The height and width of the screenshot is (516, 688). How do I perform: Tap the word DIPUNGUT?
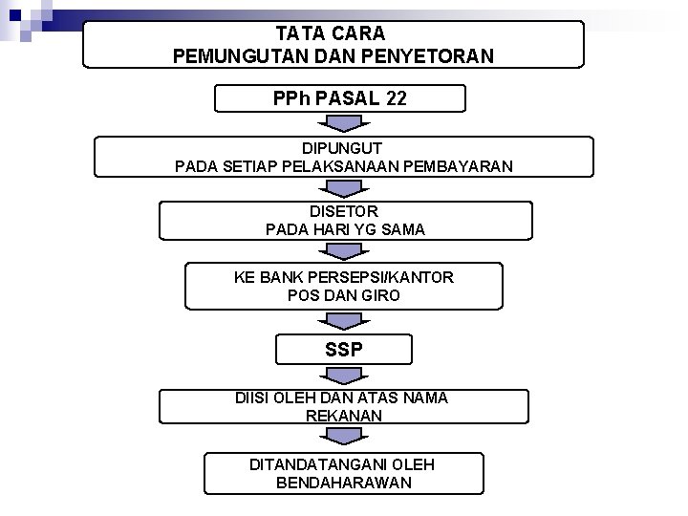(x=343, y=150)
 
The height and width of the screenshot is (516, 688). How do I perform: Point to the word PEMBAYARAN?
(x=462, y=166)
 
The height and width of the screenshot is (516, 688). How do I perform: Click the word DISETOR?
(x=344, y=212)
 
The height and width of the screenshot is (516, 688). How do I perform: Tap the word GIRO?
(x=379, y=295)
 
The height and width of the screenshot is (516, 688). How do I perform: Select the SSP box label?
(x=343, y=350)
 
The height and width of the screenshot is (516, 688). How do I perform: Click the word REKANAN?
(x=344, y=416)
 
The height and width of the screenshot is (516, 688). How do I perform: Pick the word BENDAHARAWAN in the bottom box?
(x=344, y=483)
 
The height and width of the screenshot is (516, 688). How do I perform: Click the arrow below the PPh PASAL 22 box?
(x=343, y=123)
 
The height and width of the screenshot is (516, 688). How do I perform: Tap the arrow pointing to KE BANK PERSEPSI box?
(x=343, y=250)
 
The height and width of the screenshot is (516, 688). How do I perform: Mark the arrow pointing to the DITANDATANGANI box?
(x=343, y=436)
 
